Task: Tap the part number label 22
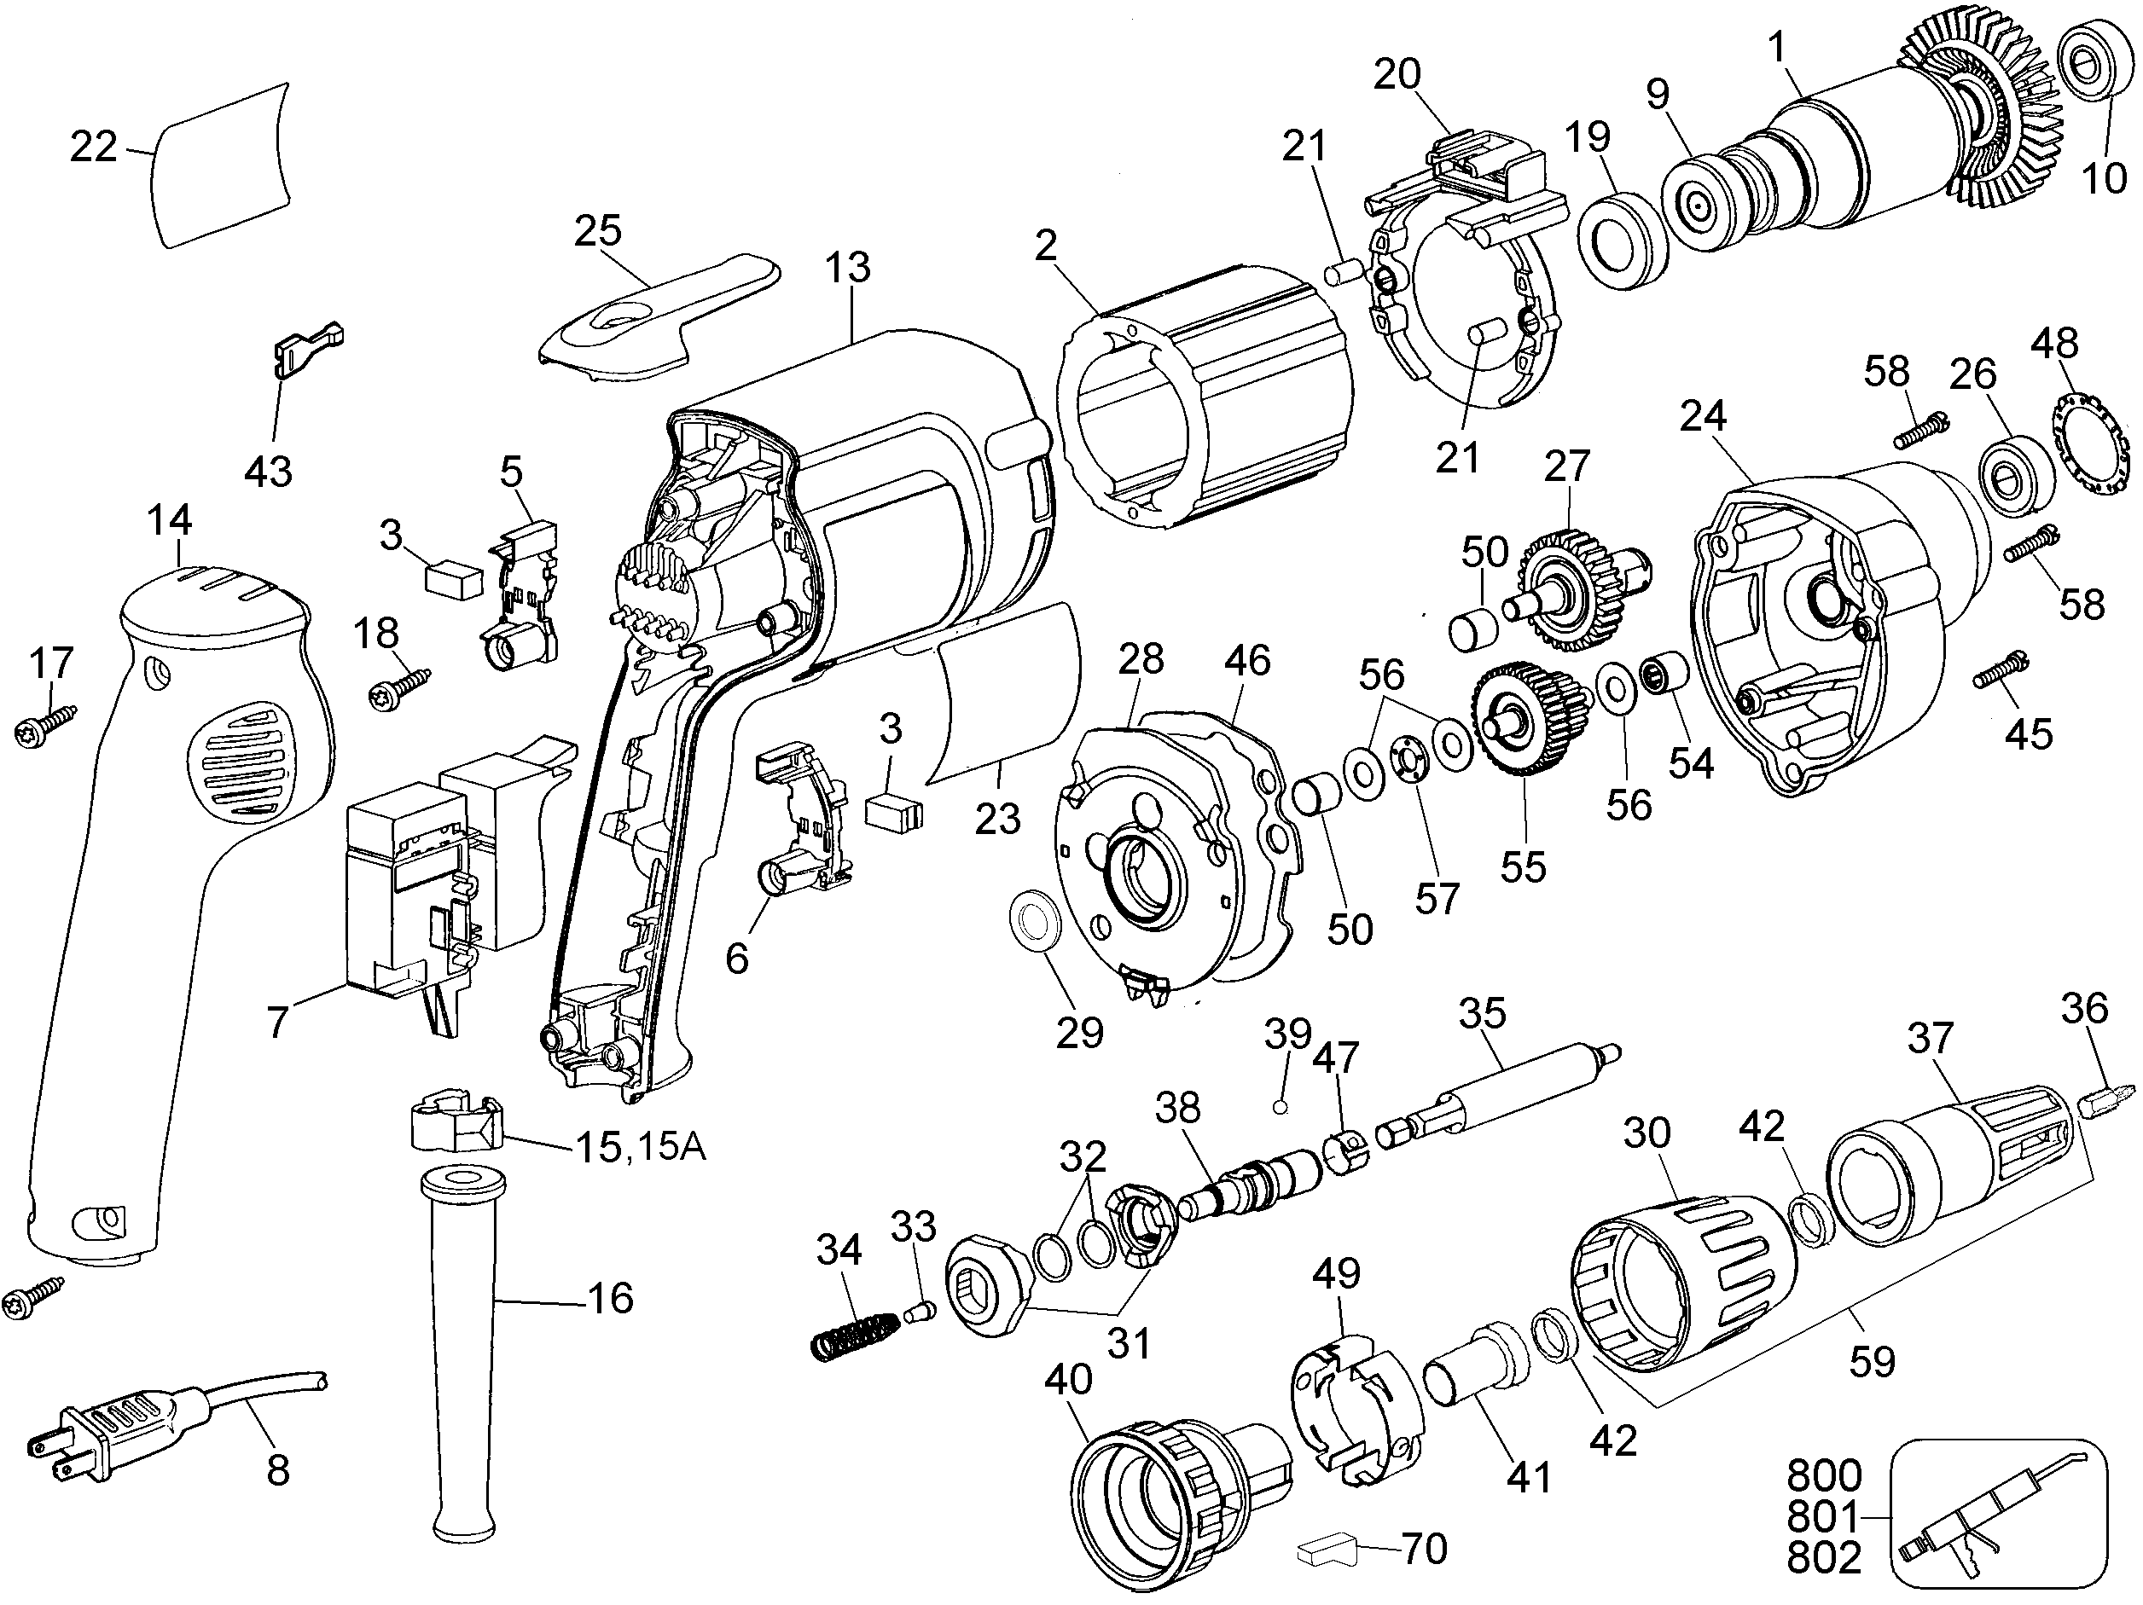[93, 148]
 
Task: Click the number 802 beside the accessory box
[1823, 1558]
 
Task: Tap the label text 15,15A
[641, 1147]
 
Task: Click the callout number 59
[1871, 1361]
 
